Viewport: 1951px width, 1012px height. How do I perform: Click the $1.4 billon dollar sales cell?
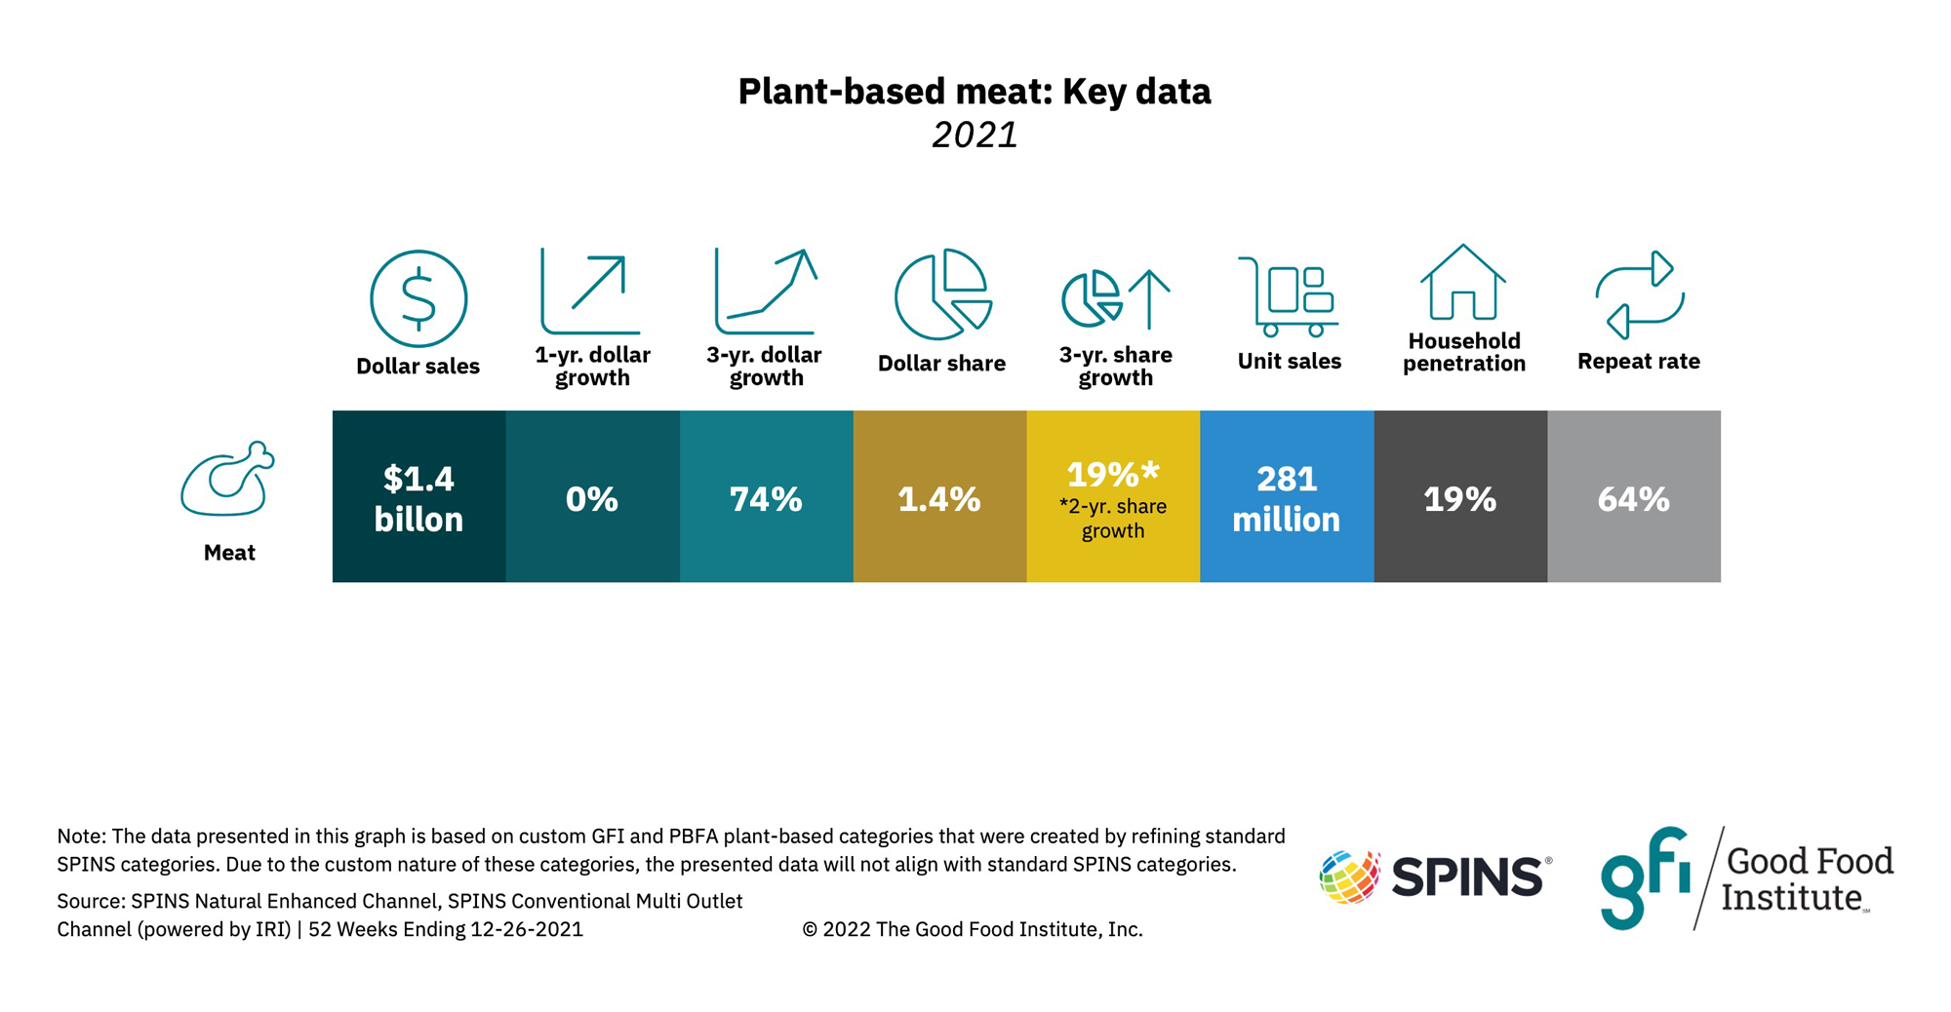(x=418, y=497)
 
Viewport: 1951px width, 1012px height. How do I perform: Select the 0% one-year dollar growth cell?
(x=592, y=497)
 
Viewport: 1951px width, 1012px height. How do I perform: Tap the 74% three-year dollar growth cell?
(x=766, y=497)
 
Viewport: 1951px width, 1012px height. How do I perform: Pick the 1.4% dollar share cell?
(x=939, y=497)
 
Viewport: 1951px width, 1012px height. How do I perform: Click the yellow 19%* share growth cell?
(x=1113, y=497)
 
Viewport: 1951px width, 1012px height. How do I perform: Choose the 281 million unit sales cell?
(x=1287, y=497)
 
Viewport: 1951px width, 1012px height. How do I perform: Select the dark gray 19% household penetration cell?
(x=1460, y=497)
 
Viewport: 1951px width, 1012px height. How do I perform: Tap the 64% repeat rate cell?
(x=1634, y=497)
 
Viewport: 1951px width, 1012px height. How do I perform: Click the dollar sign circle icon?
(x=418, y=298)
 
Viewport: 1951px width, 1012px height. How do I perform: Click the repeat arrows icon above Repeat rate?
(x=1639, y=294)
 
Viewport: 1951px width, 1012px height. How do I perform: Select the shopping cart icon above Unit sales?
(x=1288, y=297)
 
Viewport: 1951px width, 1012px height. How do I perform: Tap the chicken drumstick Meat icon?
(x=228, y=480)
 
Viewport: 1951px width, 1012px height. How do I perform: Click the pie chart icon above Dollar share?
(x=941, y=294)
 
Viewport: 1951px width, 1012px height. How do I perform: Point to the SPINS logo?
(x=1434, y=876)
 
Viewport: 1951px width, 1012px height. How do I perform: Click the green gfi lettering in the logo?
(x=1644, y=877)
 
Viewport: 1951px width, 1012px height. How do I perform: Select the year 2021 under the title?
(x=975, y=135)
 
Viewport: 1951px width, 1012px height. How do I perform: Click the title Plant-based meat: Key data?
(x=975, y=92)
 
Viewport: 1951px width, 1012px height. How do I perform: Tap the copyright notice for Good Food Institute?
(x=972, y=929)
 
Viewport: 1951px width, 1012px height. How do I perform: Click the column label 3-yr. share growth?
(x=1115, y=367)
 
